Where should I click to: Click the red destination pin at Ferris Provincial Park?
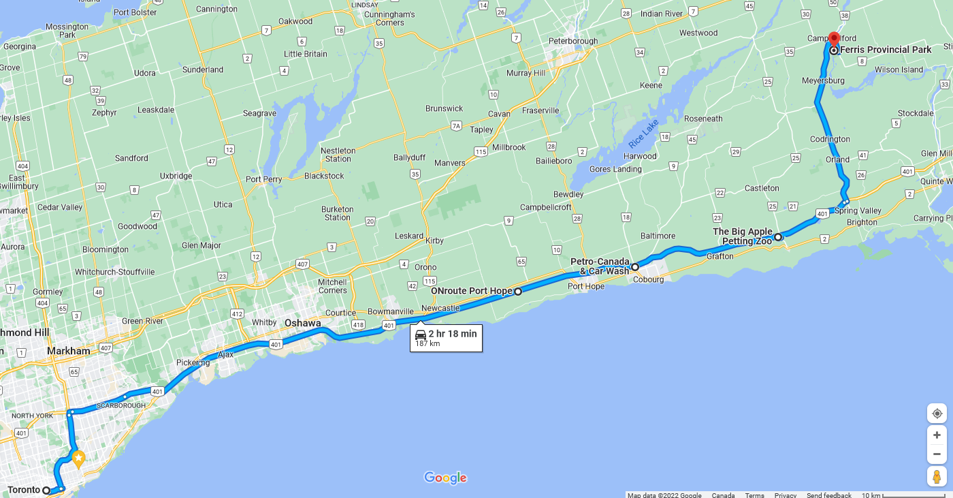point(834,38)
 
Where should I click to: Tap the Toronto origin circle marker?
point(46,490)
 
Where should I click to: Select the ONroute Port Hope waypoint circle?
point(517,292)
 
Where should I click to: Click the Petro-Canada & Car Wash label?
point(600,266)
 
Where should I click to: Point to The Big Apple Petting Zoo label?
point(743,236)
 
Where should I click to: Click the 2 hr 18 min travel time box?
point(446,338)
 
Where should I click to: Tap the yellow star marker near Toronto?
point(78,459)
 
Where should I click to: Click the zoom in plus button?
point(937,435)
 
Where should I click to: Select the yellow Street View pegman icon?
point(937,476)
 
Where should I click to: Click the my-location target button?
point(937,414)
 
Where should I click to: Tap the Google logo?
point(445,478)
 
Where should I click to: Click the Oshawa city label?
point(302,323)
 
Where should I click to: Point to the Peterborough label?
point(573,41)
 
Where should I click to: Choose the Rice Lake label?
point(643,134)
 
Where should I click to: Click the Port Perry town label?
point(263,180)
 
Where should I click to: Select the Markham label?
point(68,351)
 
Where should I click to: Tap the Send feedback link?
point(828,495)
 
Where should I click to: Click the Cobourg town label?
point(648,279)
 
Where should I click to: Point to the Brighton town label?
point(861,222)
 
